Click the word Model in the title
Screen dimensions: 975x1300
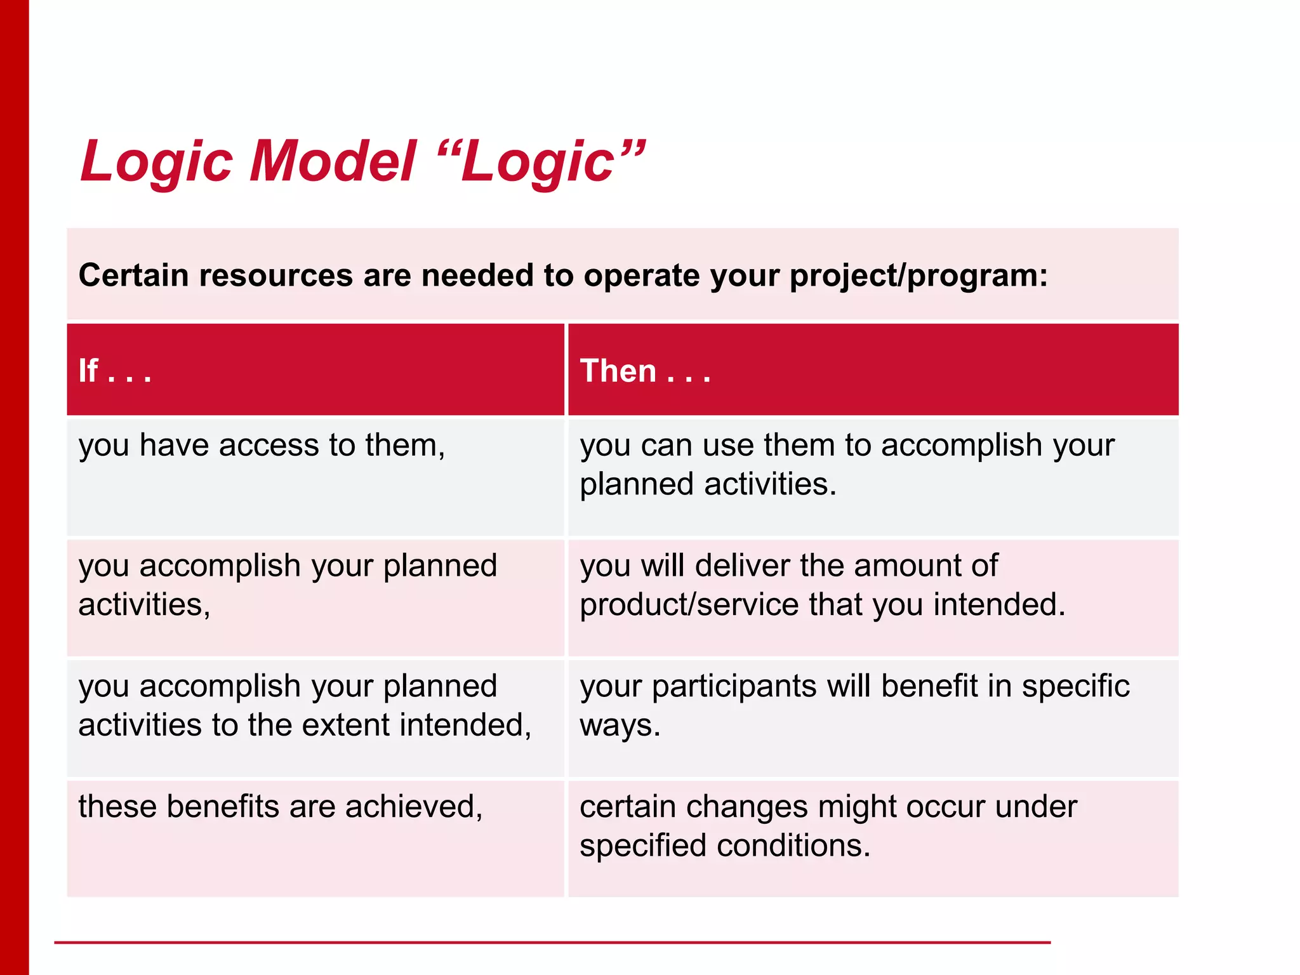[333, 161]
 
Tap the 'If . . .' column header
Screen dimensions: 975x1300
[115, 371]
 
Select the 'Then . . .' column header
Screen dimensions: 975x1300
[645, 371]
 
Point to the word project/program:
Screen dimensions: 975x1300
[918, 275]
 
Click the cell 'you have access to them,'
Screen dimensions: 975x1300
[262, 445]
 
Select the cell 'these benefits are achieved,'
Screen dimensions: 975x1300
[280, 807]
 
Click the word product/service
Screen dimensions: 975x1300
[689, 604]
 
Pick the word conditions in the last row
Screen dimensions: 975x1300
[793, 846]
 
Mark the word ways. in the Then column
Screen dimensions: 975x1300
[620, 726]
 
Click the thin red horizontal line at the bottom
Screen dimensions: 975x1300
[552, 943]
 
